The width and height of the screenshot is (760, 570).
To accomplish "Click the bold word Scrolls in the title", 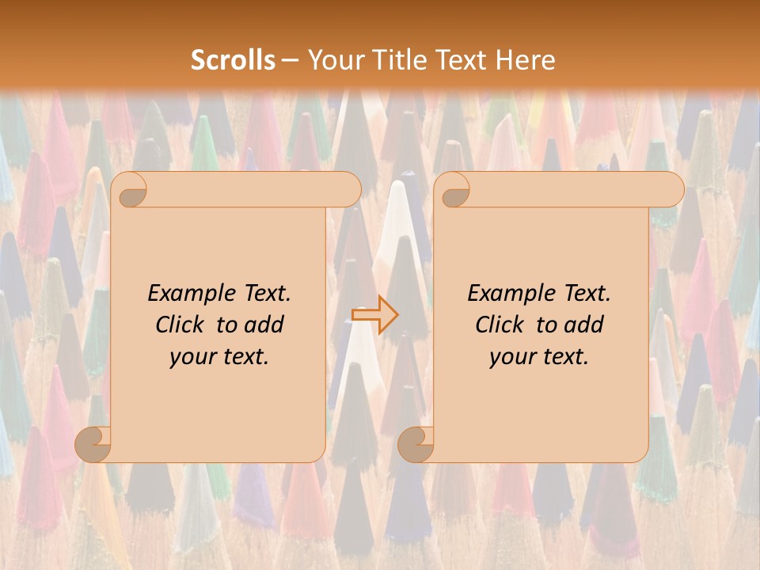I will click(x=233, y=60).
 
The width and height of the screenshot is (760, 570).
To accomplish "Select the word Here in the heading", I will click(x=525, y=60).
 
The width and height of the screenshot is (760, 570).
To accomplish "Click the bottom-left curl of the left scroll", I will click(x=93, y=444).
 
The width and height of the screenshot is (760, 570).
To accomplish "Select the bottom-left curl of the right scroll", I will click(x=416, y=444).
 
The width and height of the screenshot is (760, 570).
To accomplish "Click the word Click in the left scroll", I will click(x=179, y=325).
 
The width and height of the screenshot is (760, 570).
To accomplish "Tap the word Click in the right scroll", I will click(x=499, y=325).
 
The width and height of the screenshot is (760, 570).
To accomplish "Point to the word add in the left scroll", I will click(x=264, y=325).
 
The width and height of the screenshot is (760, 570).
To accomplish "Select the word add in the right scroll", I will click(x=584, y=325).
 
